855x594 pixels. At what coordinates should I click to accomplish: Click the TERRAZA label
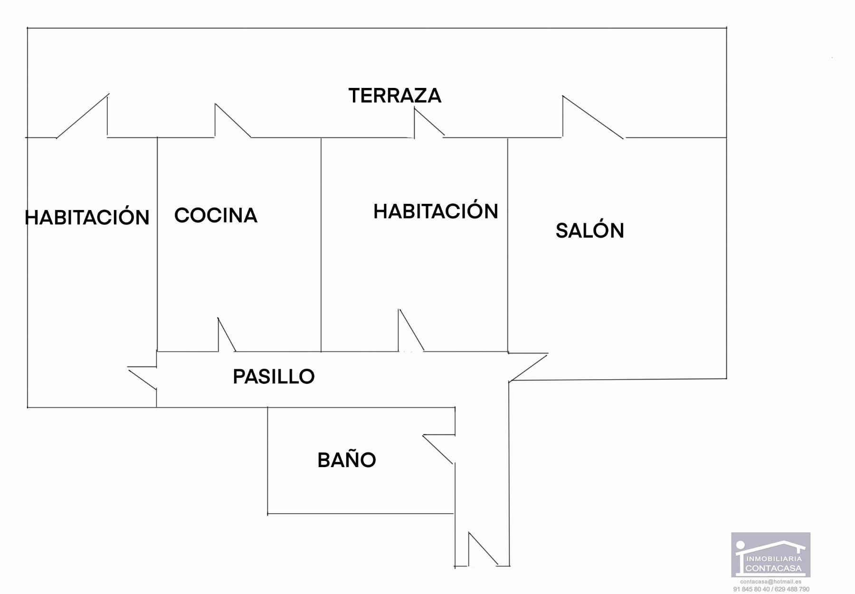tap(395, 96)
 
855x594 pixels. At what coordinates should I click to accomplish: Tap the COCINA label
tap(216, 215)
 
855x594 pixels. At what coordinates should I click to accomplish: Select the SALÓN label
tap(589, 231)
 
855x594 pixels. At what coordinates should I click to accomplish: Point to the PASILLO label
tap(274, 377)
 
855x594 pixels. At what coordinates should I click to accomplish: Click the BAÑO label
tap(346, 460)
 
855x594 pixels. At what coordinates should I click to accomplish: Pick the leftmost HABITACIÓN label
tap(87, 218)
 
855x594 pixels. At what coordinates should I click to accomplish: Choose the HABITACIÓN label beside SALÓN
tap(436, 211)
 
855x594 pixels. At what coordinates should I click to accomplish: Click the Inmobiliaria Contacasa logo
tap(770, 555)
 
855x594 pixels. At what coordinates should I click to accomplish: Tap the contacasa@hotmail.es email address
tap(770, 582)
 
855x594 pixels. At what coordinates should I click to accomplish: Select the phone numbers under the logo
tap(770, 589)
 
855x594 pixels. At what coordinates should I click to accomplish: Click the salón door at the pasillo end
tap(528, 367)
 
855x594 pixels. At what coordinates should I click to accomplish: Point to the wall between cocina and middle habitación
tap(321, 245)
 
